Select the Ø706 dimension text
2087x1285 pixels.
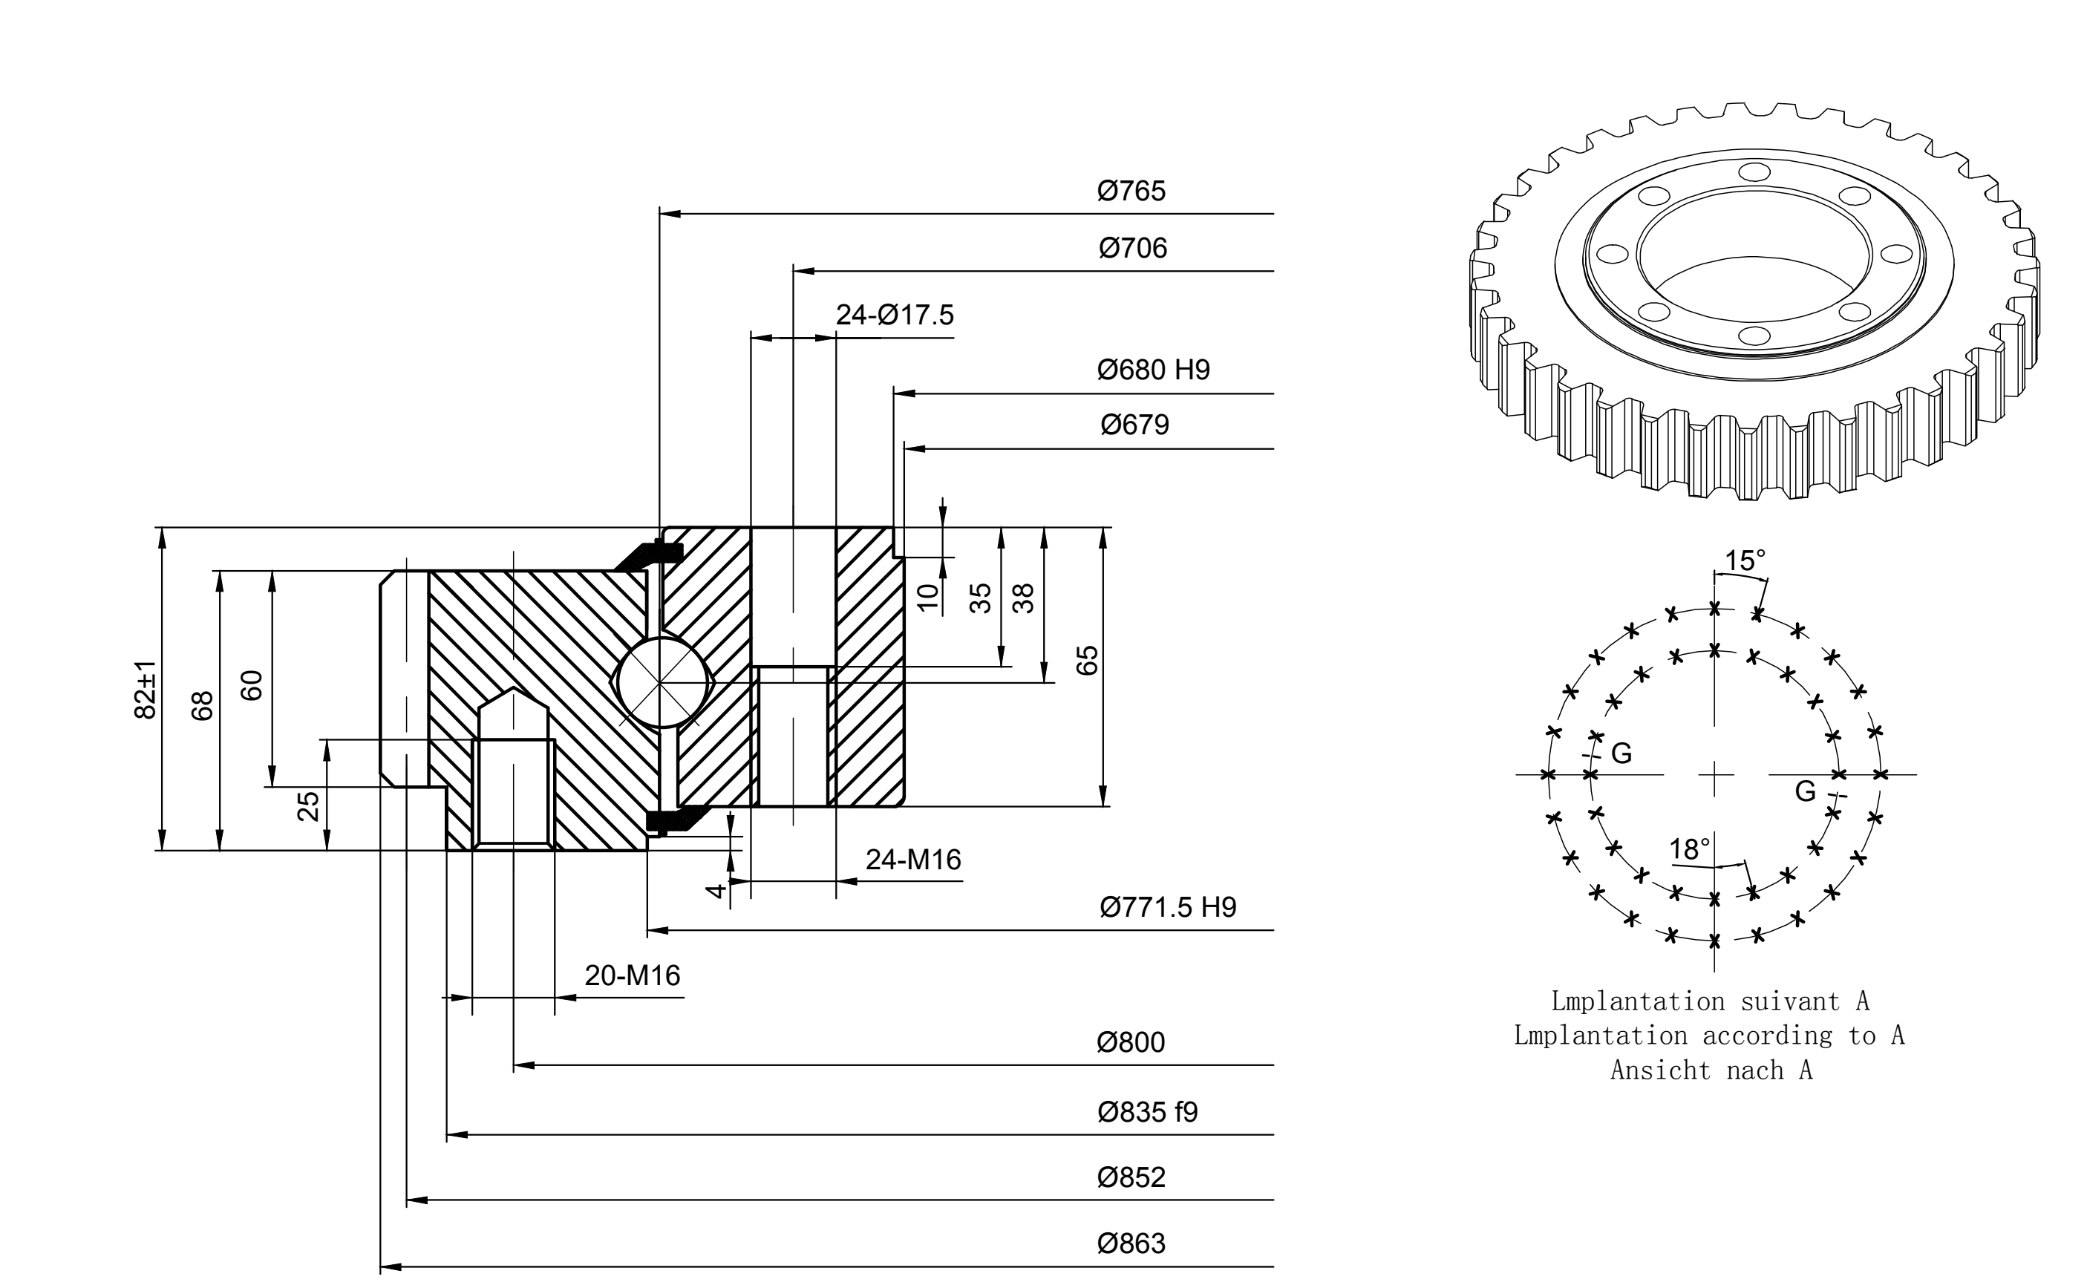pos(1133,248)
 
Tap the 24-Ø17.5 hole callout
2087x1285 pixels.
pos(895,315)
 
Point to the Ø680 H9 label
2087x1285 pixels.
pos(1153,370)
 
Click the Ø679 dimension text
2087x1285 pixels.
pos(1134,425)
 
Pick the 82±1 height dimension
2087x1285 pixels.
pos(146,689)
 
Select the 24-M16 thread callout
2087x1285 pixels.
pos(913,860)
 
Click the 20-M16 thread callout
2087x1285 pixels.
pos(633,975)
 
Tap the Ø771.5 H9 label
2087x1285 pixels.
pos(1168,908)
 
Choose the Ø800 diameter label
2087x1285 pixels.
pos(1130,1043)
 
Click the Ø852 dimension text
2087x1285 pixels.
pos(1131,1178)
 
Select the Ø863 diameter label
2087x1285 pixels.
pos(1131,1244)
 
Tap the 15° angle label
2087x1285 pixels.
pos(1745,561)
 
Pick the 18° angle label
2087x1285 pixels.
pos(1689,850)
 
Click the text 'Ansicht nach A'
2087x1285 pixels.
pos(1711,1070)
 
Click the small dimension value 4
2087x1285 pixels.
pos(716,891)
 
